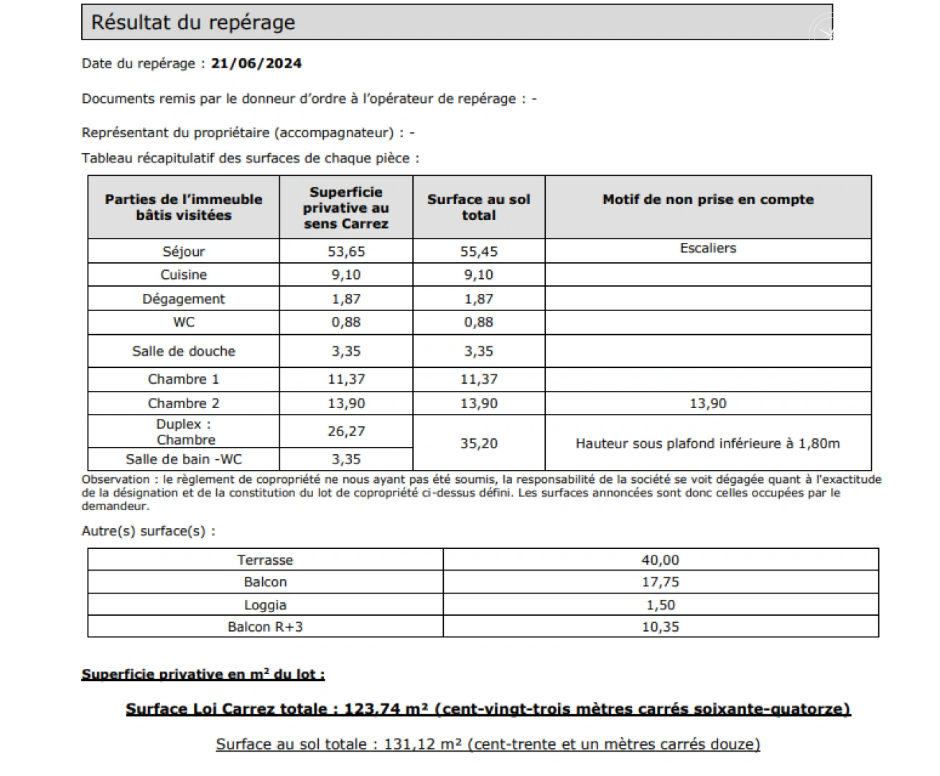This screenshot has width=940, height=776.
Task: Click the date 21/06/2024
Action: tap(256, 63)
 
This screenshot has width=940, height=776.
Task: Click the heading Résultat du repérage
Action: tap(192, 22)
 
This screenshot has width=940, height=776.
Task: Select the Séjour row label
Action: tap(184, 251)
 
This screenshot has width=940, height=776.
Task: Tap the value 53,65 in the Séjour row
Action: tap(346, 251)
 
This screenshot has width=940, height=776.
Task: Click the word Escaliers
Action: tap(708, 248)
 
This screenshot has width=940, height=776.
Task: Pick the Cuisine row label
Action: tap(184, 274)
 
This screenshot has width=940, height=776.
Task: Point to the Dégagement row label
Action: tap(184, 299)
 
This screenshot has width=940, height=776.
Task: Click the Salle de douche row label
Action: tap(184, 351)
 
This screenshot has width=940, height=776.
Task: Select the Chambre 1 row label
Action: tap(184, 379)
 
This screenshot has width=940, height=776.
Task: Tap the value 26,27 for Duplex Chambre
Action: tap(346, 431)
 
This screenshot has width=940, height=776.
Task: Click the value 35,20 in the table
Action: tap(479, 443)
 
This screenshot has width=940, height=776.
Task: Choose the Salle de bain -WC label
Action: tap(184, 459)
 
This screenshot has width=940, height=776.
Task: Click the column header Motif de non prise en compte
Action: tap(708, 200)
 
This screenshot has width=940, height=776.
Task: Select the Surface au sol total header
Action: tap(479, 207)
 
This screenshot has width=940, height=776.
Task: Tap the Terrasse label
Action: tap(265, 560)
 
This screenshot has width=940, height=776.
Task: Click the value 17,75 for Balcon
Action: tap(660, 582)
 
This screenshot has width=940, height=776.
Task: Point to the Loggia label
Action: tap(265, 605)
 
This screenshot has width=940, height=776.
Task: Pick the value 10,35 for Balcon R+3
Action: tap(660, 627)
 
